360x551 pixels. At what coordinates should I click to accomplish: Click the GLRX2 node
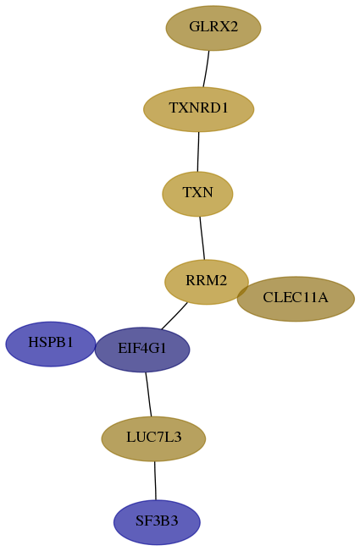tap(213, 28)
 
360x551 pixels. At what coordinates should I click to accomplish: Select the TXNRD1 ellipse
tap(198, 109)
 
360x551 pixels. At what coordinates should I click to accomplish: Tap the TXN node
tap(197, 194)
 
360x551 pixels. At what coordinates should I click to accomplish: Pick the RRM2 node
tap(207, 282)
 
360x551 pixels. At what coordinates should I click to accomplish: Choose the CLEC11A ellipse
tap(296, 299)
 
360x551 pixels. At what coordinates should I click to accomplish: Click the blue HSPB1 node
tap(51, 344)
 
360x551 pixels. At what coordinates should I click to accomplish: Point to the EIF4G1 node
tap(142, 350)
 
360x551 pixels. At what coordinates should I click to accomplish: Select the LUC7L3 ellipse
tap(153, 438)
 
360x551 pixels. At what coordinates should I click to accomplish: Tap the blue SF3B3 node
tap(157, 522)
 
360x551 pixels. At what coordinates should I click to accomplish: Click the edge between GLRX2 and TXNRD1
tap(206, 69)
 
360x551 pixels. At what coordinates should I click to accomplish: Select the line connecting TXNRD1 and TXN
tap(198, 152)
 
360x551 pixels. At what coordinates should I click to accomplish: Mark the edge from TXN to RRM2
tap(202, 238)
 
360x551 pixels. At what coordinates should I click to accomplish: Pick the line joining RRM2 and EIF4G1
tap(174, 317)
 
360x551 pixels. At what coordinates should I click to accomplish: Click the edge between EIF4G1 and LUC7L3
tap(148, 394)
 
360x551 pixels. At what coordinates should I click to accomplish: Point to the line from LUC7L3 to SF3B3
tap(155, 481)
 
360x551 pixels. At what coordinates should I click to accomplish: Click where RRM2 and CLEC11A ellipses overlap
tap(243, 291)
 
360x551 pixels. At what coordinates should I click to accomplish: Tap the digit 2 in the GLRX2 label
tap(234, 26)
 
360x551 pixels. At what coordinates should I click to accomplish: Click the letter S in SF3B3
tap(139, 521)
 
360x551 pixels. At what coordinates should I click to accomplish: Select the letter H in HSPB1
tap(32, 342)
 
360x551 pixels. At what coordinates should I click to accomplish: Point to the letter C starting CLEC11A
tap(268, 297)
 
